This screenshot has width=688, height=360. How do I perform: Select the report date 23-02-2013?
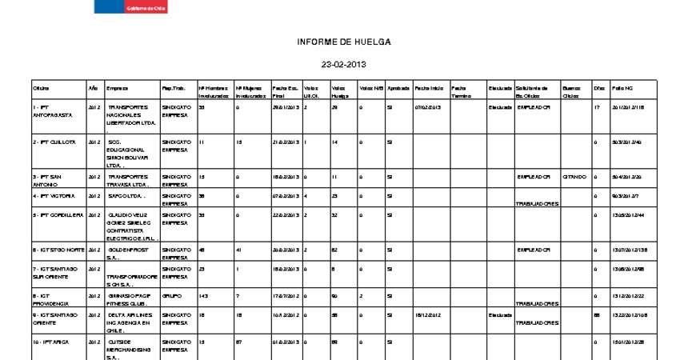coord(343,64)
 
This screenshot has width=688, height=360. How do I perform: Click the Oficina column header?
coord(41,87)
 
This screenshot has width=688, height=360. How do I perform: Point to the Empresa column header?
coord(117,87)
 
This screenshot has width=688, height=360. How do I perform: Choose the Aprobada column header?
coord(398,87)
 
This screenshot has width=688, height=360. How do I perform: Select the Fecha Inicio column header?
coord(428,87)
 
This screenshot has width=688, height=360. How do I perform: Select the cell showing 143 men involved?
coord(203,295)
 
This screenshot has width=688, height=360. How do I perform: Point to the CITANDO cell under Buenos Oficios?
coord(574,176)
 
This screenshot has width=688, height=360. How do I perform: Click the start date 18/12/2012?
coord(428,315)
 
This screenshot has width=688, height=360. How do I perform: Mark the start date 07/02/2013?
coord(428,106)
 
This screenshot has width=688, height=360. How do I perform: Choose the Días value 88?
coord(597,315)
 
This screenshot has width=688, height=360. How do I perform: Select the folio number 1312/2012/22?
coord(627,295)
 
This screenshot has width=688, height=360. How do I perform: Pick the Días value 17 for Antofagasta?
coord(597,106)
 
